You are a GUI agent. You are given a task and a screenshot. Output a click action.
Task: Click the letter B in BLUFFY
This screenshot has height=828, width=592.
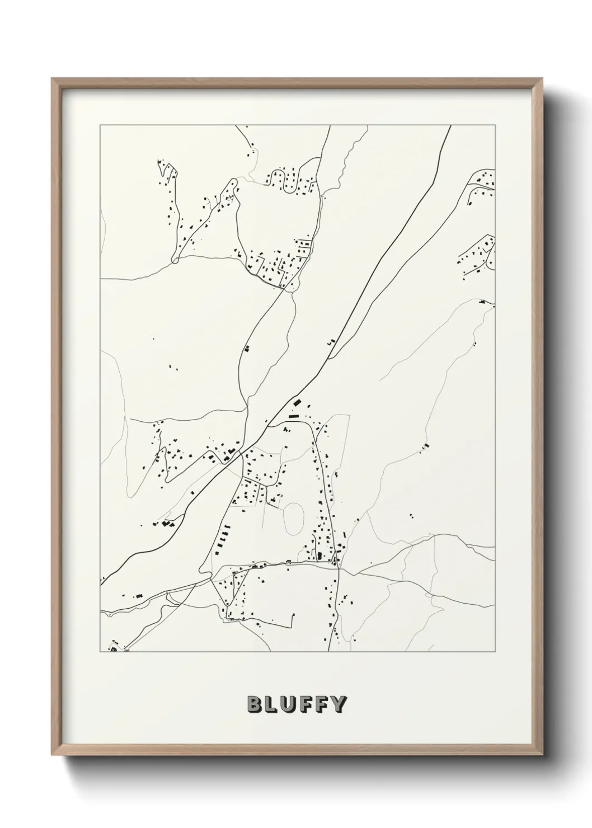[254, 704]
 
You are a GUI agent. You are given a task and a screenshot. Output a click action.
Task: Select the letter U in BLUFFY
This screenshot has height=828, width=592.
[290, 704]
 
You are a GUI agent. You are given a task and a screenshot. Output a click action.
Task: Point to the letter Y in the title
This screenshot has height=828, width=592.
[339, 704]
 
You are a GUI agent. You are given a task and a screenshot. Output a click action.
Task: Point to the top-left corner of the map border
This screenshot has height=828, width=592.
[100, 125]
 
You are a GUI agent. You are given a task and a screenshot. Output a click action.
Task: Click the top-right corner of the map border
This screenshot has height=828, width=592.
[495, 125]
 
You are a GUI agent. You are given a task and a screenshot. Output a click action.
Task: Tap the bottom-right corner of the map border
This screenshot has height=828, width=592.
[495, 652]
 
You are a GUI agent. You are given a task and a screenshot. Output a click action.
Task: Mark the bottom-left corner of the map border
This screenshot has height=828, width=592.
[100, 652]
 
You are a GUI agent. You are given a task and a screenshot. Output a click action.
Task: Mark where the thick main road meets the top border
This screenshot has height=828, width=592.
[450, 126]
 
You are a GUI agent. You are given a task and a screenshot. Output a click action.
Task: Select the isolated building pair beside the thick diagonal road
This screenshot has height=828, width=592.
[331, 340]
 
